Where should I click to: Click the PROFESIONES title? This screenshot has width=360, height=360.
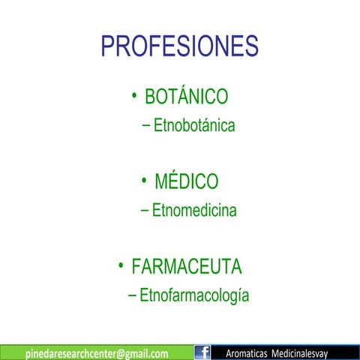pyautogui.click(x=179, y=46)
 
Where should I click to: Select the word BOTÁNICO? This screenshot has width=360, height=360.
pyautogui.click(x=186, y=97)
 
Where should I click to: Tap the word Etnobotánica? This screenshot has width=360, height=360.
pyautogui.click(x=194, y=126)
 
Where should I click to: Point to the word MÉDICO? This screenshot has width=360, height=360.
pyautogui.click(x=186, y=182)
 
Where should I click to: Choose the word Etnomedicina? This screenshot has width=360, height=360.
pyautogui.click(x=194, y=211)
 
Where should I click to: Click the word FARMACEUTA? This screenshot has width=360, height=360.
pyautogui.click(x=186, y=267)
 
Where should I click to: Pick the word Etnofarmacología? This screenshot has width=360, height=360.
pyautogui.click(x=194, y=295)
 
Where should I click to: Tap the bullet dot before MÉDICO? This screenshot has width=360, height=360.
pyautogui.click(x=143, y=180)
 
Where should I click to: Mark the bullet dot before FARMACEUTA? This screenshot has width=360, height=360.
pyautogui.click(x=120, y=265)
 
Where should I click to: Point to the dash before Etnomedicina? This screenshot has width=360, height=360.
pyautogui.click(x=145, y=211)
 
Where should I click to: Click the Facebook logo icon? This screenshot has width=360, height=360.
pyautogui.click(x=202, y=352)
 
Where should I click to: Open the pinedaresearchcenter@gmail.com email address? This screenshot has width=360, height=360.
pyautogui.click(x=97, y=353)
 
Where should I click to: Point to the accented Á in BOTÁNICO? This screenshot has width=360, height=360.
pyautogui.click(x=178, y=97)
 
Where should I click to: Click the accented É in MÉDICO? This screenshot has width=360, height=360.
pyautogui.click(x=175, y=181)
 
